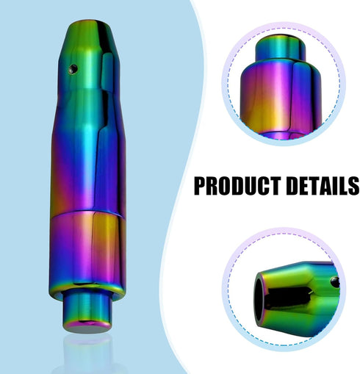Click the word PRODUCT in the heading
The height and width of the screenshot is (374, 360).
click(237, 186)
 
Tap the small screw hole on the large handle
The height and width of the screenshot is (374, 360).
click(73, 69)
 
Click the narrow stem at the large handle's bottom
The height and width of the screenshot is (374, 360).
click(87, 311)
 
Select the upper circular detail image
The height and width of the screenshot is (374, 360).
click(284, 84)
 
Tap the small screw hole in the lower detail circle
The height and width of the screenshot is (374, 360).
click(334, 282)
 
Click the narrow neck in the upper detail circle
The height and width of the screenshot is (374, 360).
click(281, 48)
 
